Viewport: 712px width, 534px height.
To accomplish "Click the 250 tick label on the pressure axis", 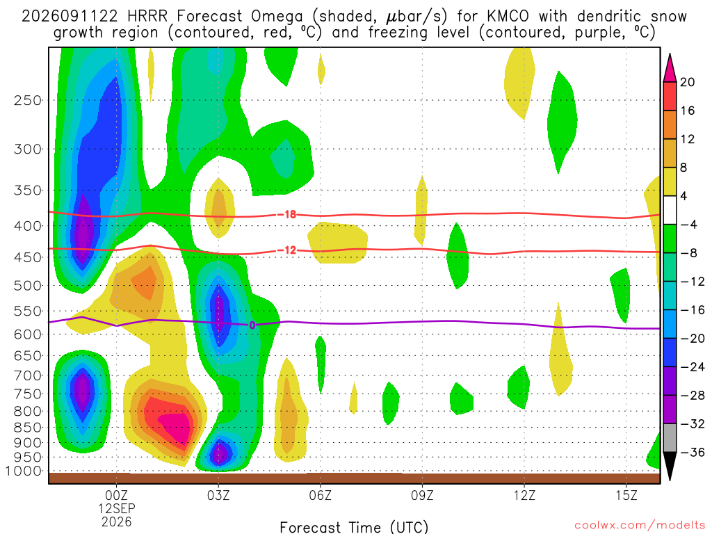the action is point(27,100).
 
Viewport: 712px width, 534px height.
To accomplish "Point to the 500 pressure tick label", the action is point(27,286).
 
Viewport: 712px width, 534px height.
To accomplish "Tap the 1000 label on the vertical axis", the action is point(24,471).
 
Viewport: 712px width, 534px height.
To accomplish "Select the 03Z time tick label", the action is point(218,495).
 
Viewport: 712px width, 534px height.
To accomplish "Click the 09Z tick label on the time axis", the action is point(422,495).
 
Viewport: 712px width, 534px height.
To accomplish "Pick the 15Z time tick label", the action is point(626,495).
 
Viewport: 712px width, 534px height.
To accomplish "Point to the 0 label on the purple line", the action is point(252,325).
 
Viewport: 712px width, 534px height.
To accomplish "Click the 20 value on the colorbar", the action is point(688,82).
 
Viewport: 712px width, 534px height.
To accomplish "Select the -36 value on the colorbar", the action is point(693,452).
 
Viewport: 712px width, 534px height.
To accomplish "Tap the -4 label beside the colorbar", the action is point(688,225).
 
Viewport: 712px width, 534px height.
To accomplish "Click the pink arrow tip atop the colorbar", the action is point(670,54).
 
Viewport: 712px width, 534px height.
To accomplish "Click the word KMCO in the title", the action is point(508,17).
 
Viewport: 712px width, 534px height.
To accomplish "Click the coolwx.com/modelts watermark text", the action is point(640,525).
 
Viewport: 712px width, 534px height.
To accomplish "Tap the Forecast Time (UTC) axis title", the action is point(354,527).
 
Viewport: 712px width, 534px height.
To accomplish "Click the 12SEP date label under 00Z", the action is point(117,508).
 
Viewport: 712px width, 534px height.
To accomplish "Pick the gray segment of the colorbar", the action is point(670,438).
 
